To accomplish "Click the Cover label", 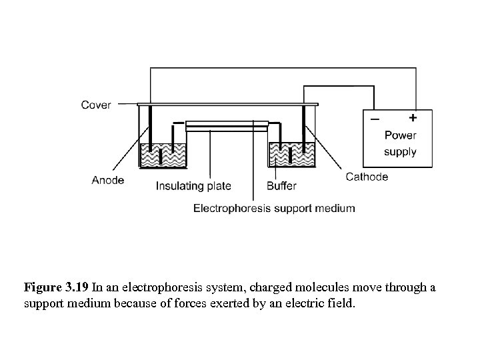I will pos(96,105).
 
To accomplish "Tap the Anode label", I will pos(108,180).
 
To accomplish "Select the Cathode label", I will pos(367,177).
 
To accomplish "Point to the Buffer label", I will pos(281,186).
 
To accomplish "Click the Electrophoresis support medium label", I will pos(274,208).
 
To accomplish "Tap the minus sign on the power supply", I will pos(375,119).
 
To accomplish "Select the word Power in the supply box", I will pos(400,135).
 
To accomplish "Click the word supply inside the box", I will pos(400,151).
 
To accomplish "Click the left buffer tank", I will pos(163,155).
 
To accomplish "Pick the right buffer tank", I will pos(292,155).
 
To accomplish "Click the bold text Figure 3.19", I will pos(56,288).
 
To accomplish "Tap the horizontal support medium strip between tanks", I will pos(227,125).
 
